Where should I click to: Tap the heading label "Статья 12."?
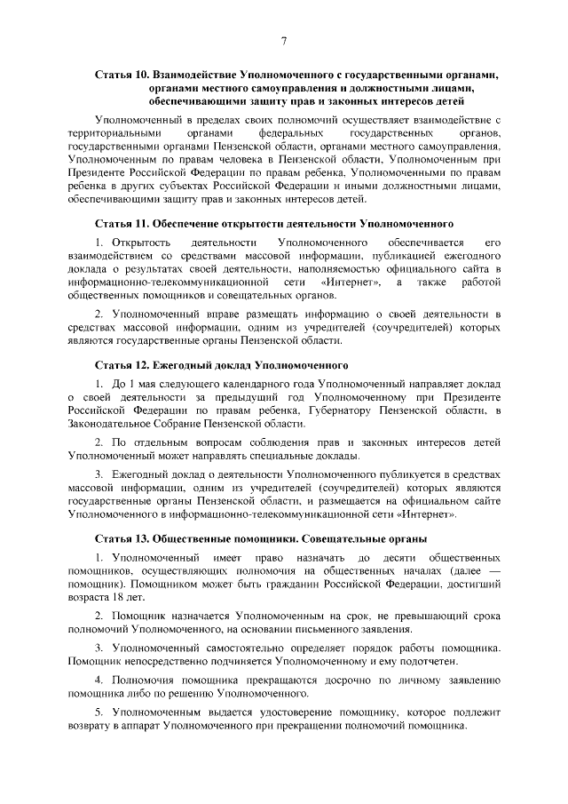122,365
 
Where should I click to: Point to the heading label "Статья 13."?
122,538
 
